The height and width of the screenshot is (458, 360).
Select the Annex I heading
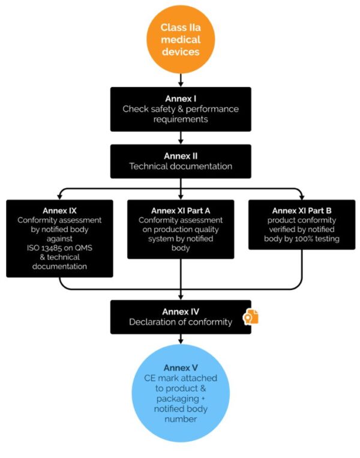pos(181,98)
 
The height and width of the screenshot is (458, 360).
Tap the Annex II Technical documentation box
pos(181,161)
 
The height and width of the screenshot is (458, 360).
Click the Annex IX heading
pos(59,210)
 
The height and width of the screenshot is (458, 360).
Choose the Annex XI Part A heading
pos(181,210)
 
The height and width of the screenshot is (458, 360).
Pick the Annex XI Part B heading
pos(301,210)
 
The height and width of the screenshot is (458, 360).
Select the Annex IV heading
pos(181,311)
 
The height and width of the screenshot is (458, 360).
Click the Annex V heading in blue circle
pos(181,367)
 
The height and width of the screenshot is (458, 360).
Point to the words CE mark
pos(158,379)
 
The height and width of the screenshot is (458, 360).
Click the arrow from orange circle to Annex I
pos(180,79)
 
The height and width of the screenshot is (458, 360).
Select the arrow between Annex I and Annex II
pos(180,138)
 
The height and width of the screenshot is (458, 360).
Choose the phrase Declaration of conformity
pos(181,323)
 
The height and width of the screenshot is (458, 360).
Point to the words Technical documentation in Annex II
pos(181,166)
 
